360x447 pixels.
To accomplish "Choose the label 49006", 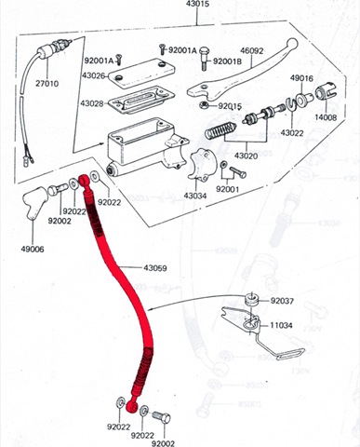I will tap(32, 249).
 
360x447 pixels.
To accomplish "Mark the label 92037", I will tap(282, 301).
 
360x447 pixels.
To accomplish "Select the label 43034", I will tap(194, 196).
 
